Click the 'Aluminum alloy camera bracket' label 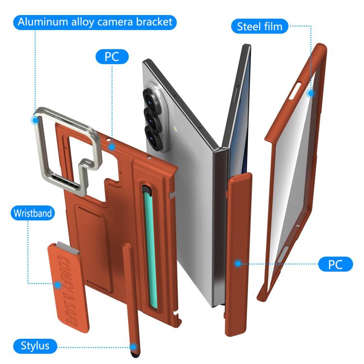(95, 22)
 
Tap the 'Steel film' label (260, 26)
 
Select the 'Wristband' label (33, 213)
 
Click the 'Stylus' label (35, 346)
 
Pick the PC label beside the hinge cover (335, 264)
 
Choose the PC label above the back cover (112, 57)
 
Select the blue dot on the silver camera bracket (35, 120)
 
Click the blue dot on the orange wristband (58, 285)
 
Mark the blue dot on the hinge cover (238, 264)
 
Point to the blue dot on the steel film (311, 94)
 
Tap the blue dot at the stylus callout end (133, 347)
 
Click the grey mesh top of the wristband (67, 247)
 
